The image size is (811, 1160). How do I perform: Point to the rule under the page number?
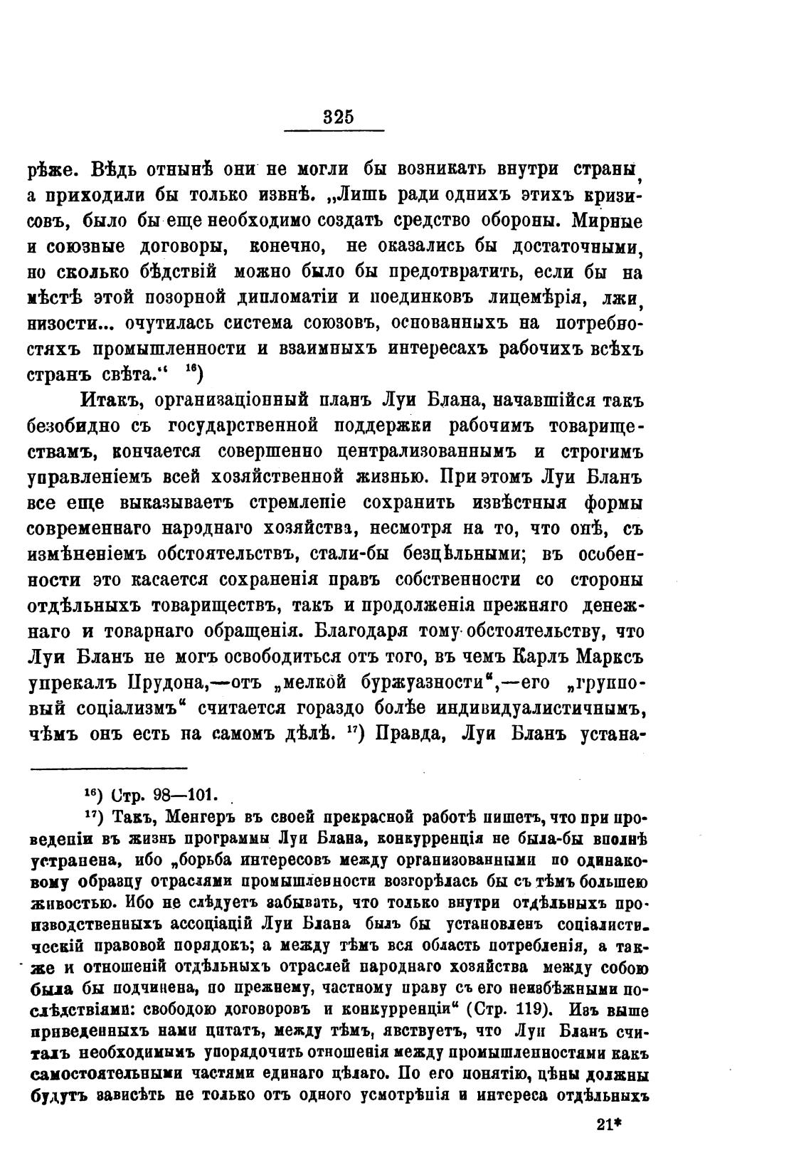pyautogui.click(x=334, y=130)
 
